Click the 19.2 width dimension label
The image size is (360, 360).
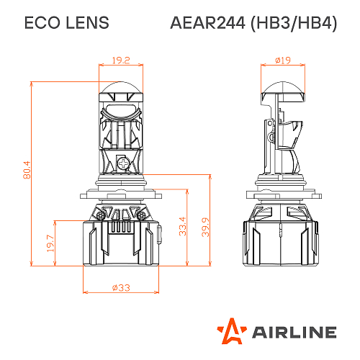120,60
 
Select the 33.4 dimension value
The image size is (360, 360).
183,225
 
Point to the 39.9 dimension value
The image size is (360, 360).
205,225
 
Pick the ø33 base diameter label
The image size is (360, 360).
120,287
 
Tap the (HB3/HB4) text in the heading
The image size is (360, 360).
293,23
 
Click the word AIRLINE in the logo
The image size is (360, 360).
294,332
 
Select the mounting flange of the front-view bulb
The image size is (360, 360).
120,192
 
